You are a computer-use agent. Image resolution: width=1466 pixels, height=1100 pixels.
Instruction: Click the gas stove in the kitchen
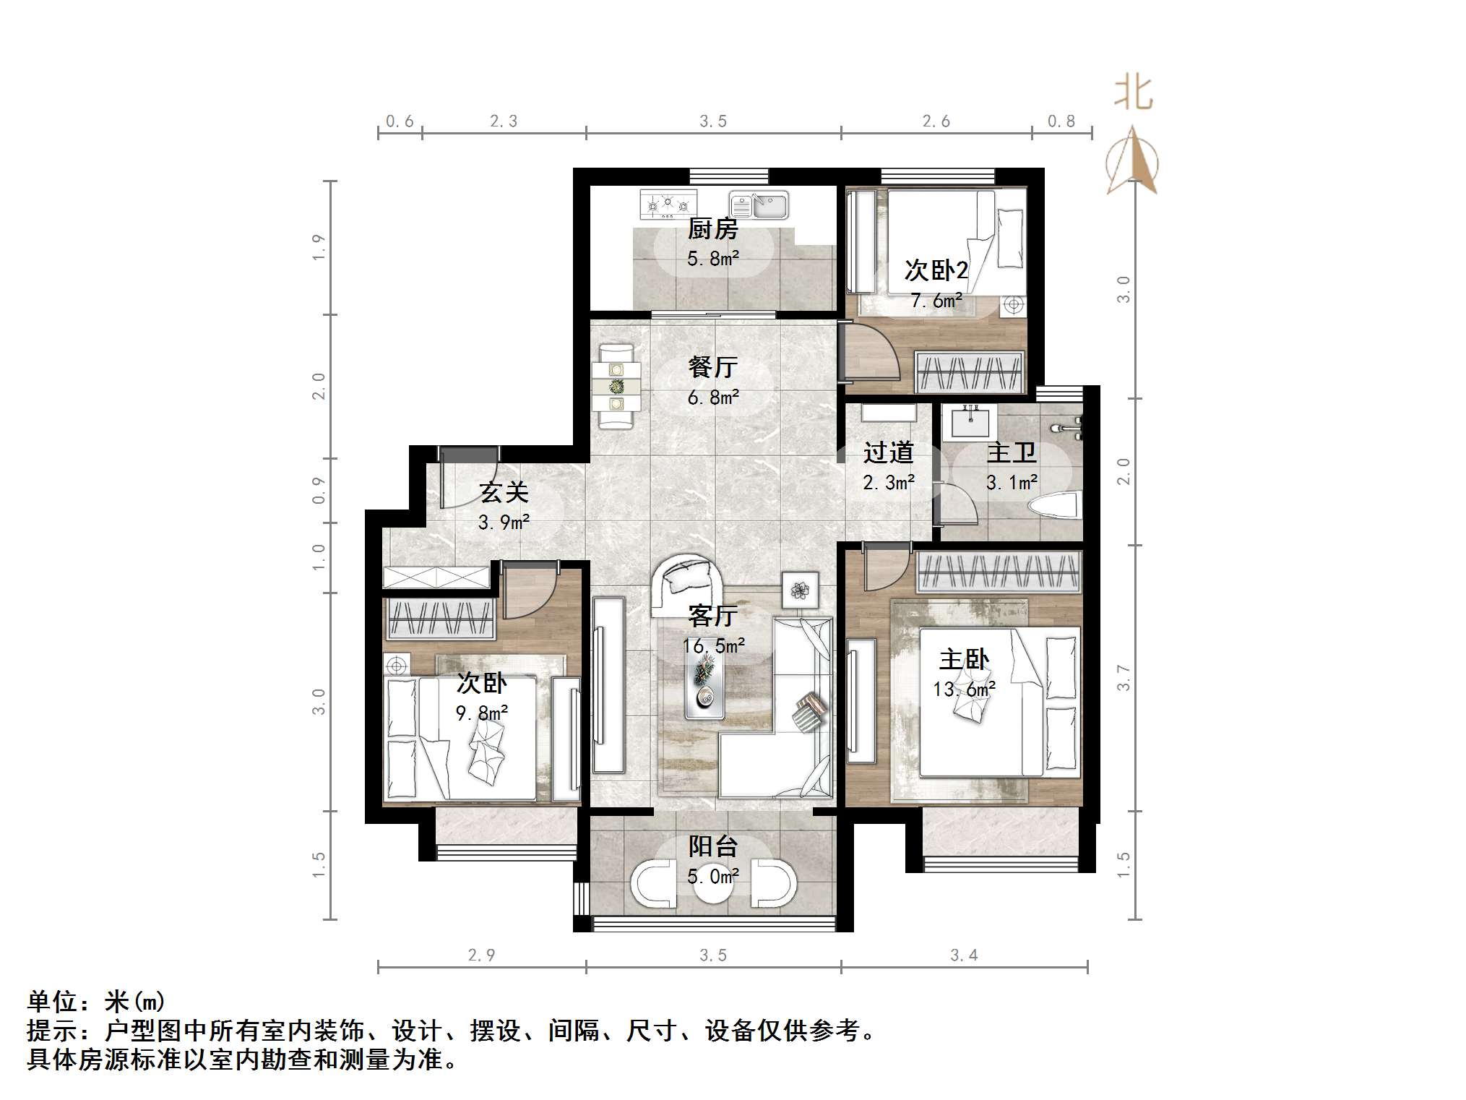pyautogui.click(x=668, y=205)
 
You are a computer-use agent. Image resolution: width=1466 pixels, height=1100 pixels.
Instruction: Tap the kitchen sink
pyautogui.click(x=758, y=205)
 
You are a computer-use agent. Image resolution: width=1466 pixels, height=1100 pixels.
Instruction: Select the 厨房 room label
pyautogui.click(x=712, y=229)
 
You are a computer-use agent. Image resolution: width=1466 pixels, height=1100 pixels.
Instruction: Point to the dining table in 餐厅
pyautogui.click(x=616, y=387)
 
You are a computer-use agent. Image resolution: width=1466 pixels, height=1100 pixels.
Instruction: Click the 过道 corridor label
pyautogui.click(x=888, y=453)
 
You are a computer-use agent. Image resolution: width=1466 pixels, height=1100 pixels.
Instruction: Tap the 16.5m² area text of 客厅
pyautogui.click(x=713, y=645)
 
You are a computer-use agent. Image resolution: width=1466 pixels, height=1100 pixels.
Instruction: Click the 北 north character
pyautogui.click(x=1132, y=94)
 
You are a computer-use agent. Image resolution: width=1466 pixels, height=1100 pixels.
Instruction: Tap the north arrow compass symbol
pyautogui.click(x=1132, y=163)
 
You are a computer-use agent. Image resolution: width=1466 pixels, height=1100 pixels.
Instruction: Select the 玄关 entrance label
pyautogui.click(x=504, y=493)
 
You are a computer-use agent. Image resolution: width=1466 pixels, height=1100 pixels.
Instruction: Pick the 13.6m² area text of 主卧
pyautogui.click(x=964, y=689)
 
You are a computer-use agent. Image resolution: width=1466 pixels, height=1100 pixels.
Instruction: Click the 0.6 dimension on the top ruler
pyautogui.click(x=400, y=121)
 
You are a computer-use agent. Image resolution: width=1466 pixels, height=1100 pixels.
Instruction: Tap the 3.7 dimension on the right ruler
pyautogui.click(x=1123, y=677)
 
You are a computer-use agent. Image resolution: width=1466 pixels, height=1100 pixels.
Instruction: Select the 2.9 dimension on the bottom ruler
pyautogui.click(x=481, y=955)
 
